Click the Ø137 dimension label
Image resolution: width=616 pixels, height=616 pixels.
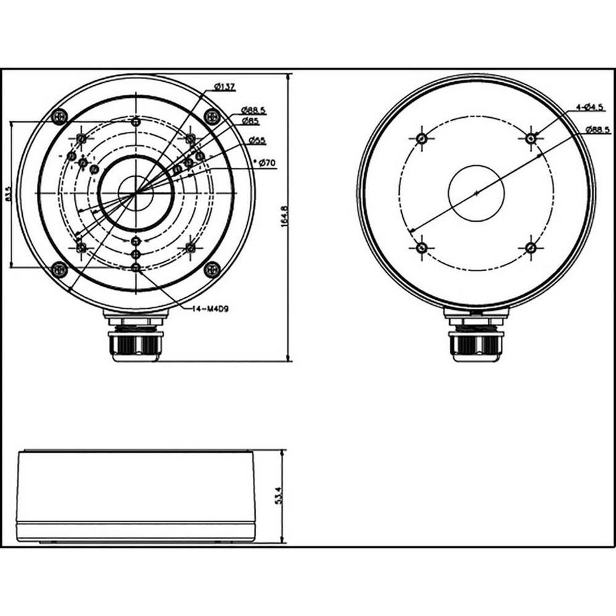(225, 86)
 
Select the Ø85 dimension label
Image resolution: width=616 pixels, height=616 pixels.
(251, 121)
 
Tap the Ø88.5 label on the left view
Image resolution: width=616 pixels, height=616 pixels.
(253, 110)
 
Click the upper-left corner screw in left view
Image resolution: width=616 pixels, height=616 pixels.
(60, 117)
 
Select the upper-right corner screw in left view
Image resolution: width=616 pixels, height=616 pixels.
(212, 117)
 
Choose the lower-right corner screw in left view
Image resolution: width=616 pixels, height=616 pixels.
(212, 269)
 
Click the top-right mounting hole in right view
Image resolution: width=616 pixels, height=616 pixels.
(530, 139)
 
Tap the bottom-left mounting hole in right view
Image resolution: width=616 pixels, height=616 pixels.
(421, 248)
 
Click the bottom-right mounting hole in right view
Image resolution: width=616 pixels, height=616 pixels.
(530, 248)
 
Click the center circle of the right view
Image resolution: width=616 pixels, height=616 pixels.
(476, 193)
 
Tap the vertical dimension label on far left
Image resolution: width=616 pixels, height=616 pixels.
(7, 194)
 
